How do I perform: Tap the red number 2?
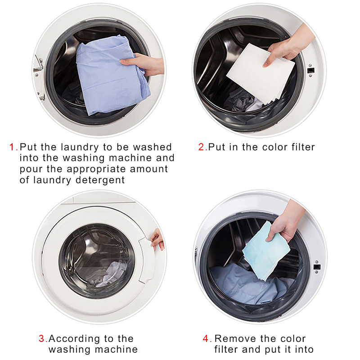pyautogui.click(x=201, y=147)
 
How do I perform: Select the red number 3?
pyautogui.click(x=42, y=338)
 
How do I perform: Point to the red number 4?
pyautogui.click(x=206, y=338)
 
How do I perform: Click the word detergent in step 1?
pyautogui.click(x=100, y=180)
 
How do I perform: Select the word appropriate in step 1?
pyautogui.click(x=96, y=169)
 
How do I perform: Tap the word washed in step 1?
pyautogui.click(x=152, y=147)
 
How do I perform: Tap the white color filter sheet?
pyautogui.click(x=261, y=74)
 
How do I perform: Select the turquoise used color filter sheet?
pyautogui.click(x=266, y=251)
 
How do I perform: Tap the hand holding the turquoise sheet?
pyautogui.click(x=286, y=221)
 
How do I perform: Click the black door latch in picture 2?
pyautogui.click(x=310, y=70)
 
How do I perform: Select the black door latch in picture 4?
pyautogui.click(x=317, y=267)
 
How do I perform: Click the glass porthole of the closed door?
pyautogui.click(x=96, y=261)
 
